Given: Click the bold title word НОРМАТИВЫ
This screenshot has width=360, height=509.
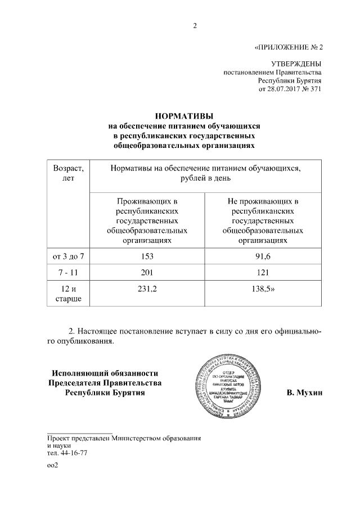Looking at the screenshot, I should pos(180,116).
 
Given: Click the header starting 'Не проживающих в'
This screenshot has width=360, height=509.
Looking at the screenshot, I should pos(263,220).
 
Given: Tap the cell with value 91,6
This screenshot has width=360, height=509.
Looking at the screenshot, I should pos(263,256).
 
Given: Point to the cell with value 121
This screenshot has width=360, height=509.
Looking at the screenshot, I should pos(263,273).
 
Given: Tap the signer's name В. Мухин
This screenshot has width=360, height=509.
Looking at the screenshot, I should pos(304,392).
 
